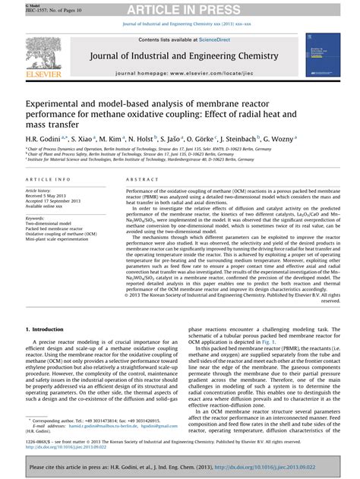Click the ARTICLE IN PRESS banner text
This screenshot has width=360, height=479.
tap(180, 10)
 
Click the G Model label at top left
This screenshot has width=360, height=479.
tap(14, 3)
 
